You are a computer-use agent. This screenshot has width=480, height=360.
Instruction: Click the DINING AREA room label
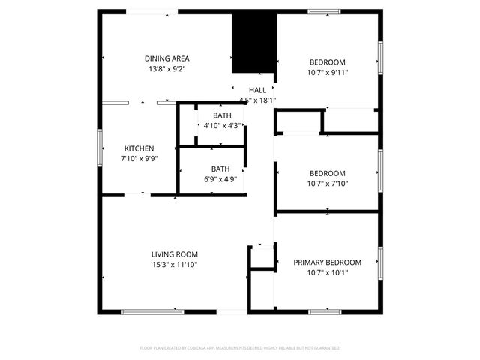(166, 58)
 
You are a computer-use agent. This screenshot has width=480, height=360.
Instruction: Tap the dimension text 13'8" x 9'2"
(166, 68)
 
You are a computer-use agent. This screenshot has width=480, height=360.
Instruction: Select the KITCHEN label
(139, 148)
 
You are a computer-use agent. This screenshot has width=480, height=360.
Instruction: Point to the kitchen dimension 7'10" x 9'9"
(139, 159)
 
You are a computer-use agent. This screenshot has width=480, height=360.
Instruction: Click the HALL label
(257, 90)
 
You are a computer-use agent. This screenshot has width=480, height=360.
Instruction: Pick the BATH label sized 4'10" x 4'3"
(221, 115)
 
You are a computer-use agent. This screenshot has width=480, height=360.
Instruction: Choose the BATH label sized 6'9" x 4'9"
(220, 169)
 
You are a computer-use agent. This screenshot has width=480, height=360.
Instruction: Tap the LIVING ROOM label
(175, 254)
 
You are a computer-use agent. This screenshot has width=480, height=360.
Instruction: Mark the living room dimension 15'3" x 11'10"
(175, 265)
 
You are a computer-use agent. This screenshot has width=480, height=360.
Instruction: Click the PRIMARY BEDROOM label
(327, 262)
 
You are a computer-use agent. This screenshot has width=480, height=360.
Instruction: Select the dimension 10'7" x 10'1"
(327, 272)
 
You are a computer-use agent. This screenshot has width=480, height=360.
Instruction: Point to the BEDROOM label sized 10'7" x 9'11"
(328, 62)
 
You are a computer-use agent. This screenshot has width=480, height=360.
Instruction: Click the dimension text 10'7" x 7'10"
(328, 183)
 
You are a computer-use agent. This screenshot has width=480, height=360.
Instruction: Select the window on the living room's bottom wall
(152, 311)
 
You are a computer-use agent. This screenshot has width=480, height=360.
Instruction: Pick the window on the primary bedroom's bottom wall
(325, 311)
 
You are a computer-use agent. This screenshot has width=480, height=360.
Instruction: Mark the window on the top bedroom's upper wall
(325, 11)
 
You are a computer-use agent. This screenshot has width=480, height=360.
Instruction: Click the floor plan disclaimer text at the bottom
(240, 348)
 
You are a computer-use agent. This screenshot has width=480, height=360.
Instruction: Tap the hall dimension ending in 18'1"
(258, 100)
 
